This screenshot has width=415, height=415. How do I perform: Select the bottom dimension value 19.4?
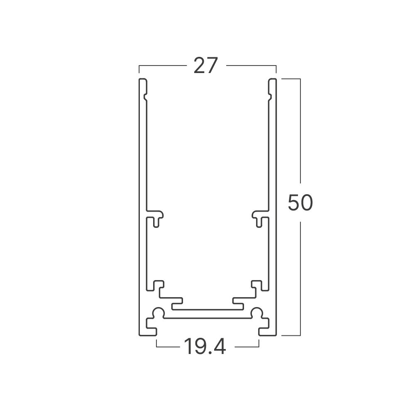point(205,347)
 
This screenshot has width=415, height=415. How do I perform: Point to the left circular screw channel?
point(158,313)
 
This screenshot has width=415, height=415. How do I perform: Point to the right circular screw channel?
point(257,313)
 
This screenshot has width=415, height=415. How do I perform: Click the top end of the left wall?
point(142,80)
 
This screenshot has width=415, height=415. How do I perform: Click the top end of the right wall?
point(272,80)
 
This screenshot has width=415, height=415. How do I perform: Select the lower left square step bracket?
point(158,286)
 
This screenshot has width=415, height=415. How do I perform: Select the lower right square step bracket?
point(257,286)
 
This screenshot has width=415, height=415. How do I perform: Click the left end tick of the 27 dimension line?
point(139,69)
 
